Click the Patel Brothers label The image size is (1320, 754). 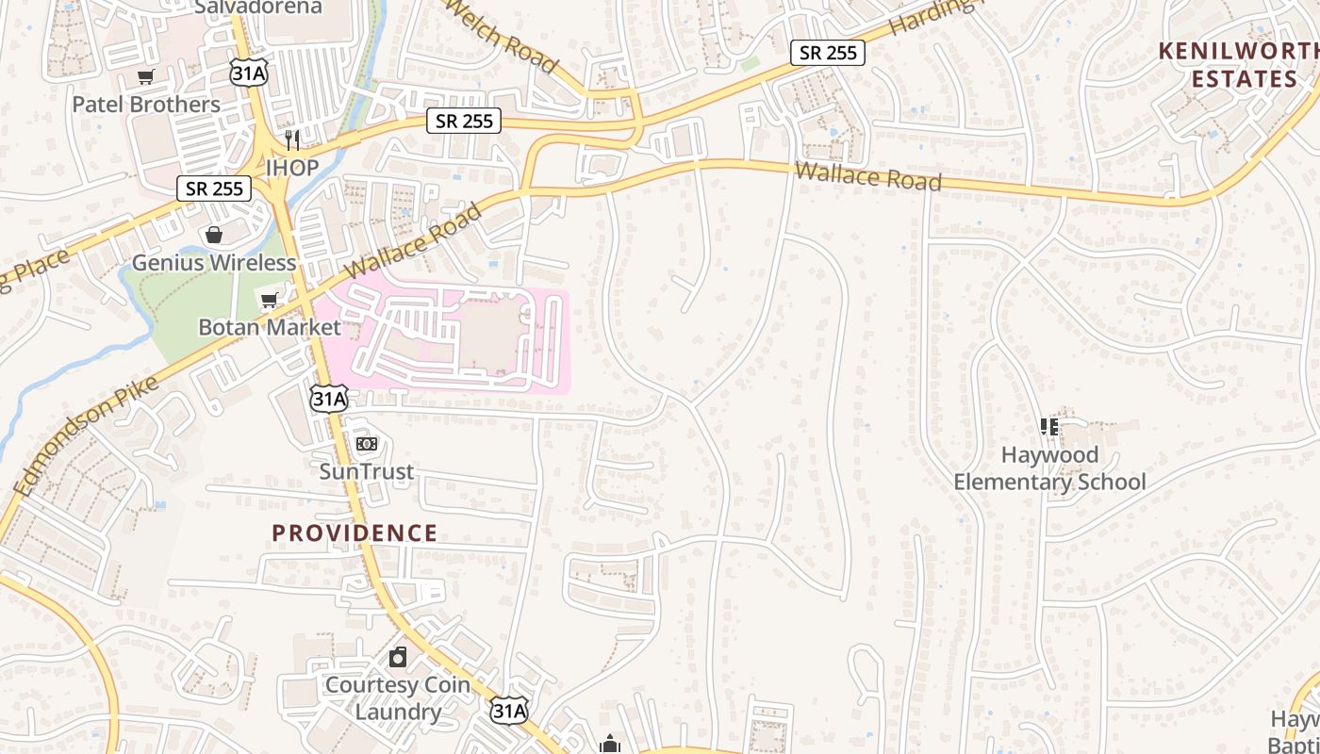click(x=146, y=104)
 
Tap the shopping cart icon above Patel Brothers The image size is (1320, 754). click(x=145, y=77)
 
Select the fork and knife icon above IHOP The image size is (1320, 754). click(x=292, y=140)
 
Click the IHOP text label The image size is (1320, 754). click(x=292, y=167)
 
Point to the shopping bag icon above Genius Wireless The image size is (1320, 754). click(x=214, y=235)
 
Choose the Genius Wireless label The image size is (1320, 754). click(x=214, y=262)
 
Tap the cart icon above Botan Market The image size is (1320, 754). click(x=269, y=301)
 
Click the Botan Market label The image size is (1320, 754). click(x=269, y=327)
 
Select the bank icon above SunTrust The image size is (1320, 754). click(x=366, y=443)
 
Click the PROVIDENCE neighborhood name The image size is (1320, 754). click(x=355, y=533)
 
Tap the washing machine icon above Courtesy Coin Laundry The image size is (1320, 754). click(x=398, y=657)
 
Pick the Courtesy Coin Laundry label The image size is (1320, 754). click(x=397, y=697)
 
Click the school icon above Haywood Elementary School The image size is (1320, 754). click(x=1049, y=427)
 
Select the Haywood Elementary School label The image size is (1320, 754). click(x=1049, y=468)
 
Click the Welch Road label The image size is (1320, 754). click(x=499, y=36)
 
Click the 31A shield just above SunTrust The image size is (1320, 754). click(x=329, y=399)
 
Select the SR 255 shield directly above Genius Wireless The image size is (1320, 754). click(x=214, y=188)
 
